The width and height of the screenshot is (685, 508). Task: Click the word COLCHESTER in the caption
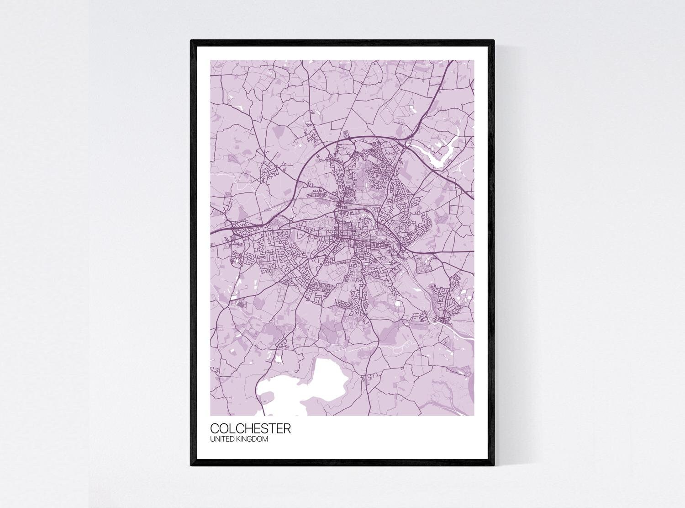pyautogui.click(x=250, y=429)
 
